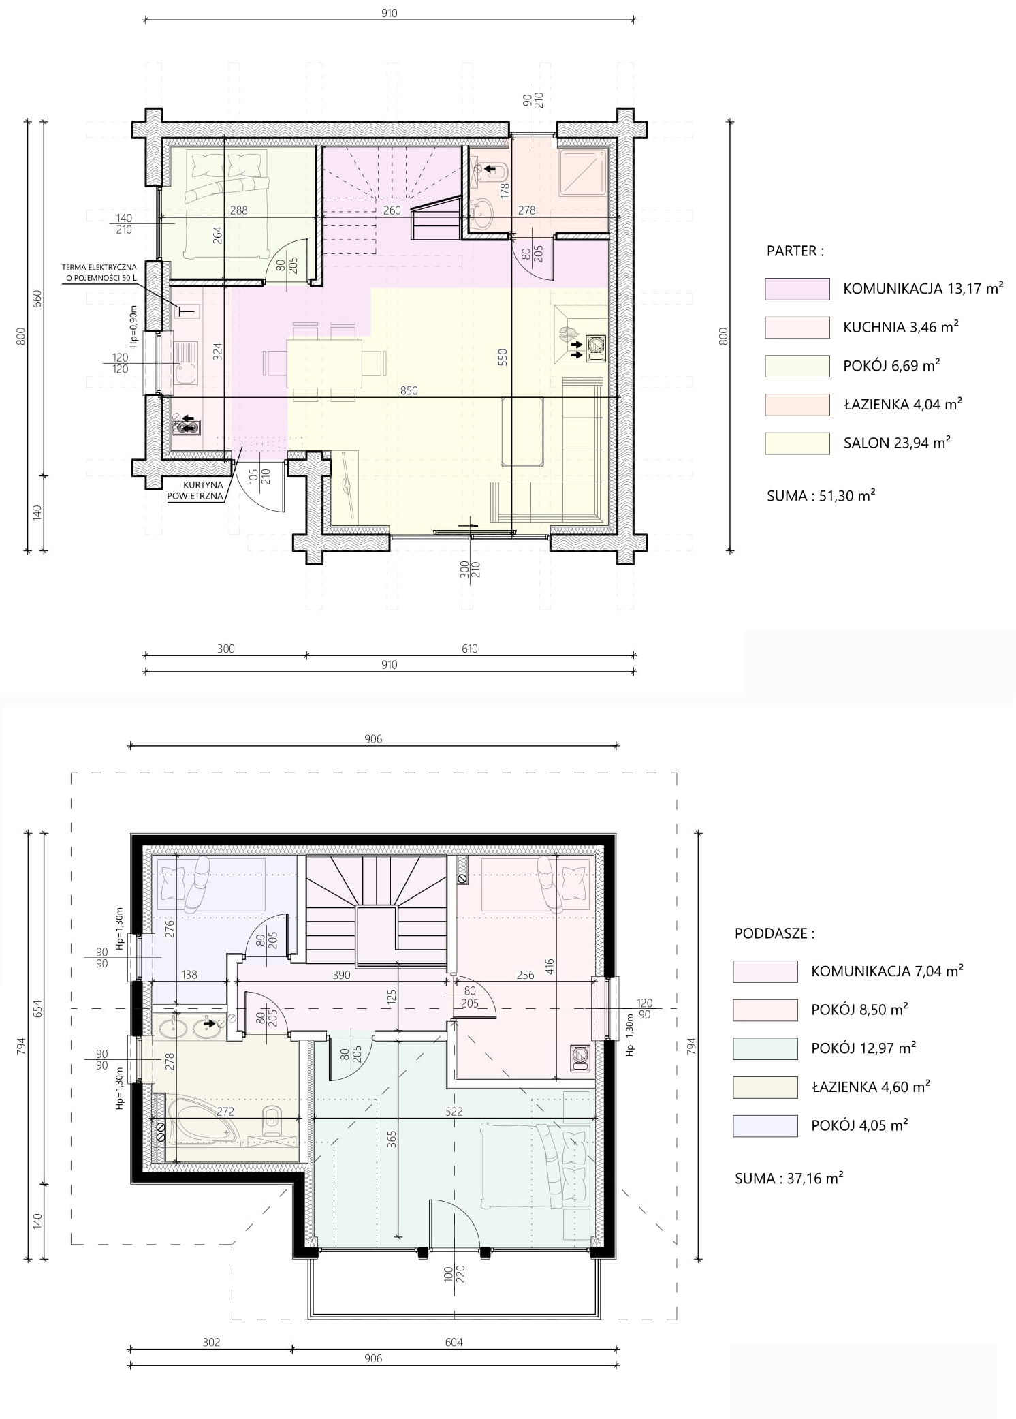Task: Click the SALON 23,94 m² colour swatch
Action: (797, 443)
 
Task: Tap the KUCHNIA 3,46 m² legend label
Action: (900, 327)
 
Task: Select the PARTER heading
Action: (795, 251)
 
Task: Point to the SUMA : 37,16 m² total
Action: (789, 1178)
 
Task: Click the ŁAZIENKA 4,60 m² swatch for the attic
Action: (765, 1087)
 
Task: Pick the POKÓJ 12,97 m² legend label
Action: (863, 1048)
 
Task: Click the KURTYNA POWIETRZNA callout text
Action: (195, 490)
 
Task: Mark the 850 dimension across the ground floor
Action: (409, 390)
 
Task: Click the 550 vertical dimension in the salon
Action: (503, 358)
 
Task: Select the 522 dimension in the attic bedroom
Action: (454, 1111)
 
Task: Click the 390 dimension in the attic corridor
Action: (341, 975)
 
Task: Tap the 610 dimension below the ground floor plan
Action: (470, 649)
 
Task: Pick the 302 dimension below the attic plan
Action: (212, 1342)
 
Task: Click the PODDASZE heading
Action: (774, 933)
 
